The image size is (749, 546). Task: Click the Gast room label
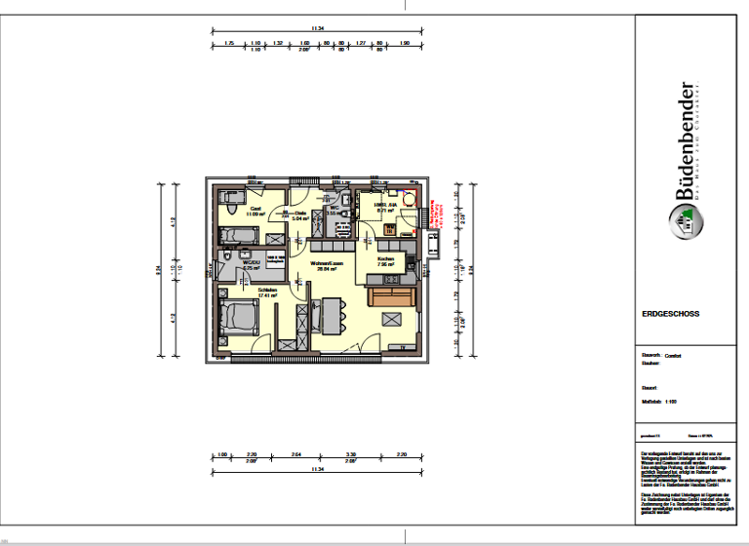[x=256, y=208]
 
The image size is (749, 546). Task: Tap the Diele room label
[x=300, y=214]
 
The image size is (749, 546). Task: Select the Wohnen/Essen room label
[x=324, y=264]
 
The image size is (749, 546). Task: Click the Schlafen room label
[x=269, y=290]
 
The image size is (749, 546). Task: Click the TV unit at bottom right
[x=403, y=347]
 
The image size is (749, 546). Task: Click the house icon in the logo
[x=686, y=227]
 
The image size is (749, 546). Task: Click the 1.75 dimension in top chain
[x=229, y=43]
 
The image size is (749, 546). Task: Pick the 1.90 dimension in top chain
[x=405, y=43]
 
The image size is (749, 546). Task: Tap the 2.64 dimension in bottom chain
[x=297, y=454]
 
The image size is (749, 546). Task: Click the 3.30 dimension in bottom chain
[x=350, y=454]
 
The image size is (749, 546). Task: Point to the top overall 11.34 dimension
[x=313, y=28]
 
